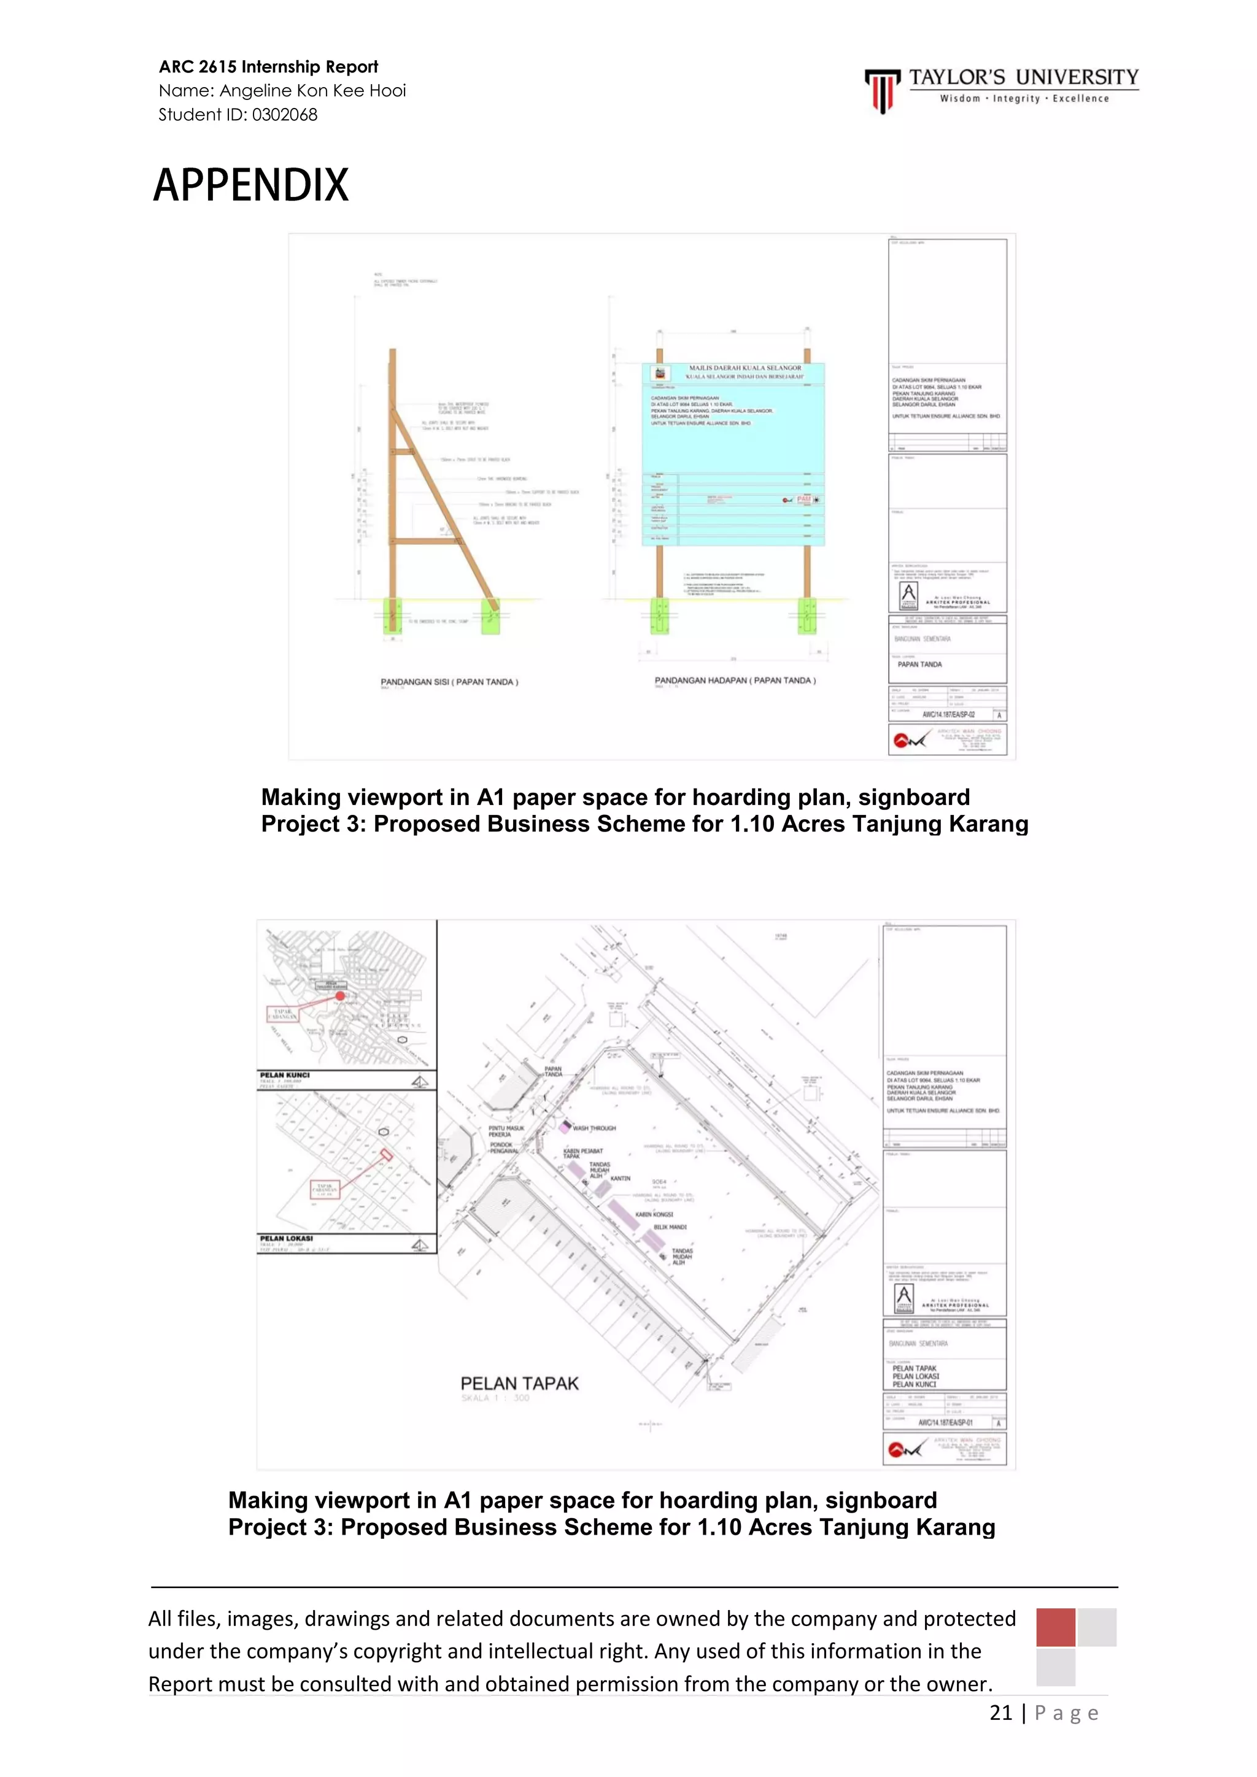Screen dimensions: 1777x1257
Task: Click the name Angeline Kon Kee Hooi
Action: (x=312, y=91)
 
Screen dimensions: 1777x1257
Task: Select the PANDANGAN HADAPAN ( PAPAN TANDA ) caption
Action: (x=735, y=680)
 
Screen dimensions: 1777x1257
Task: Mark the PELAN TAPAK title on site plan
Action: (x=519, y=1383)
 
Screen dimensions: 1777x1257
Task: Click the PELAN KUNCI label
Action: (x=284, y=1075)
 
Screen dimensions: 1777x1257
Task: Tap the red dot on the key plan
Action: (x=340, y=995)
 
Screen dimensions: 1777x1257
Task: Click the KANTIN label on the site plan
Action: (x=620, y=1178)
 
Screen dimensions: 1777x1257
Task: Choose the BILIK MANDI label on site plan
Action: (x=670, y=1227)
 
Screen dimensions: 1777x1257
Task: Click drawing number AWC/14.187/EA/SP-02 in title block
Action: (x=948, y=714)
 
